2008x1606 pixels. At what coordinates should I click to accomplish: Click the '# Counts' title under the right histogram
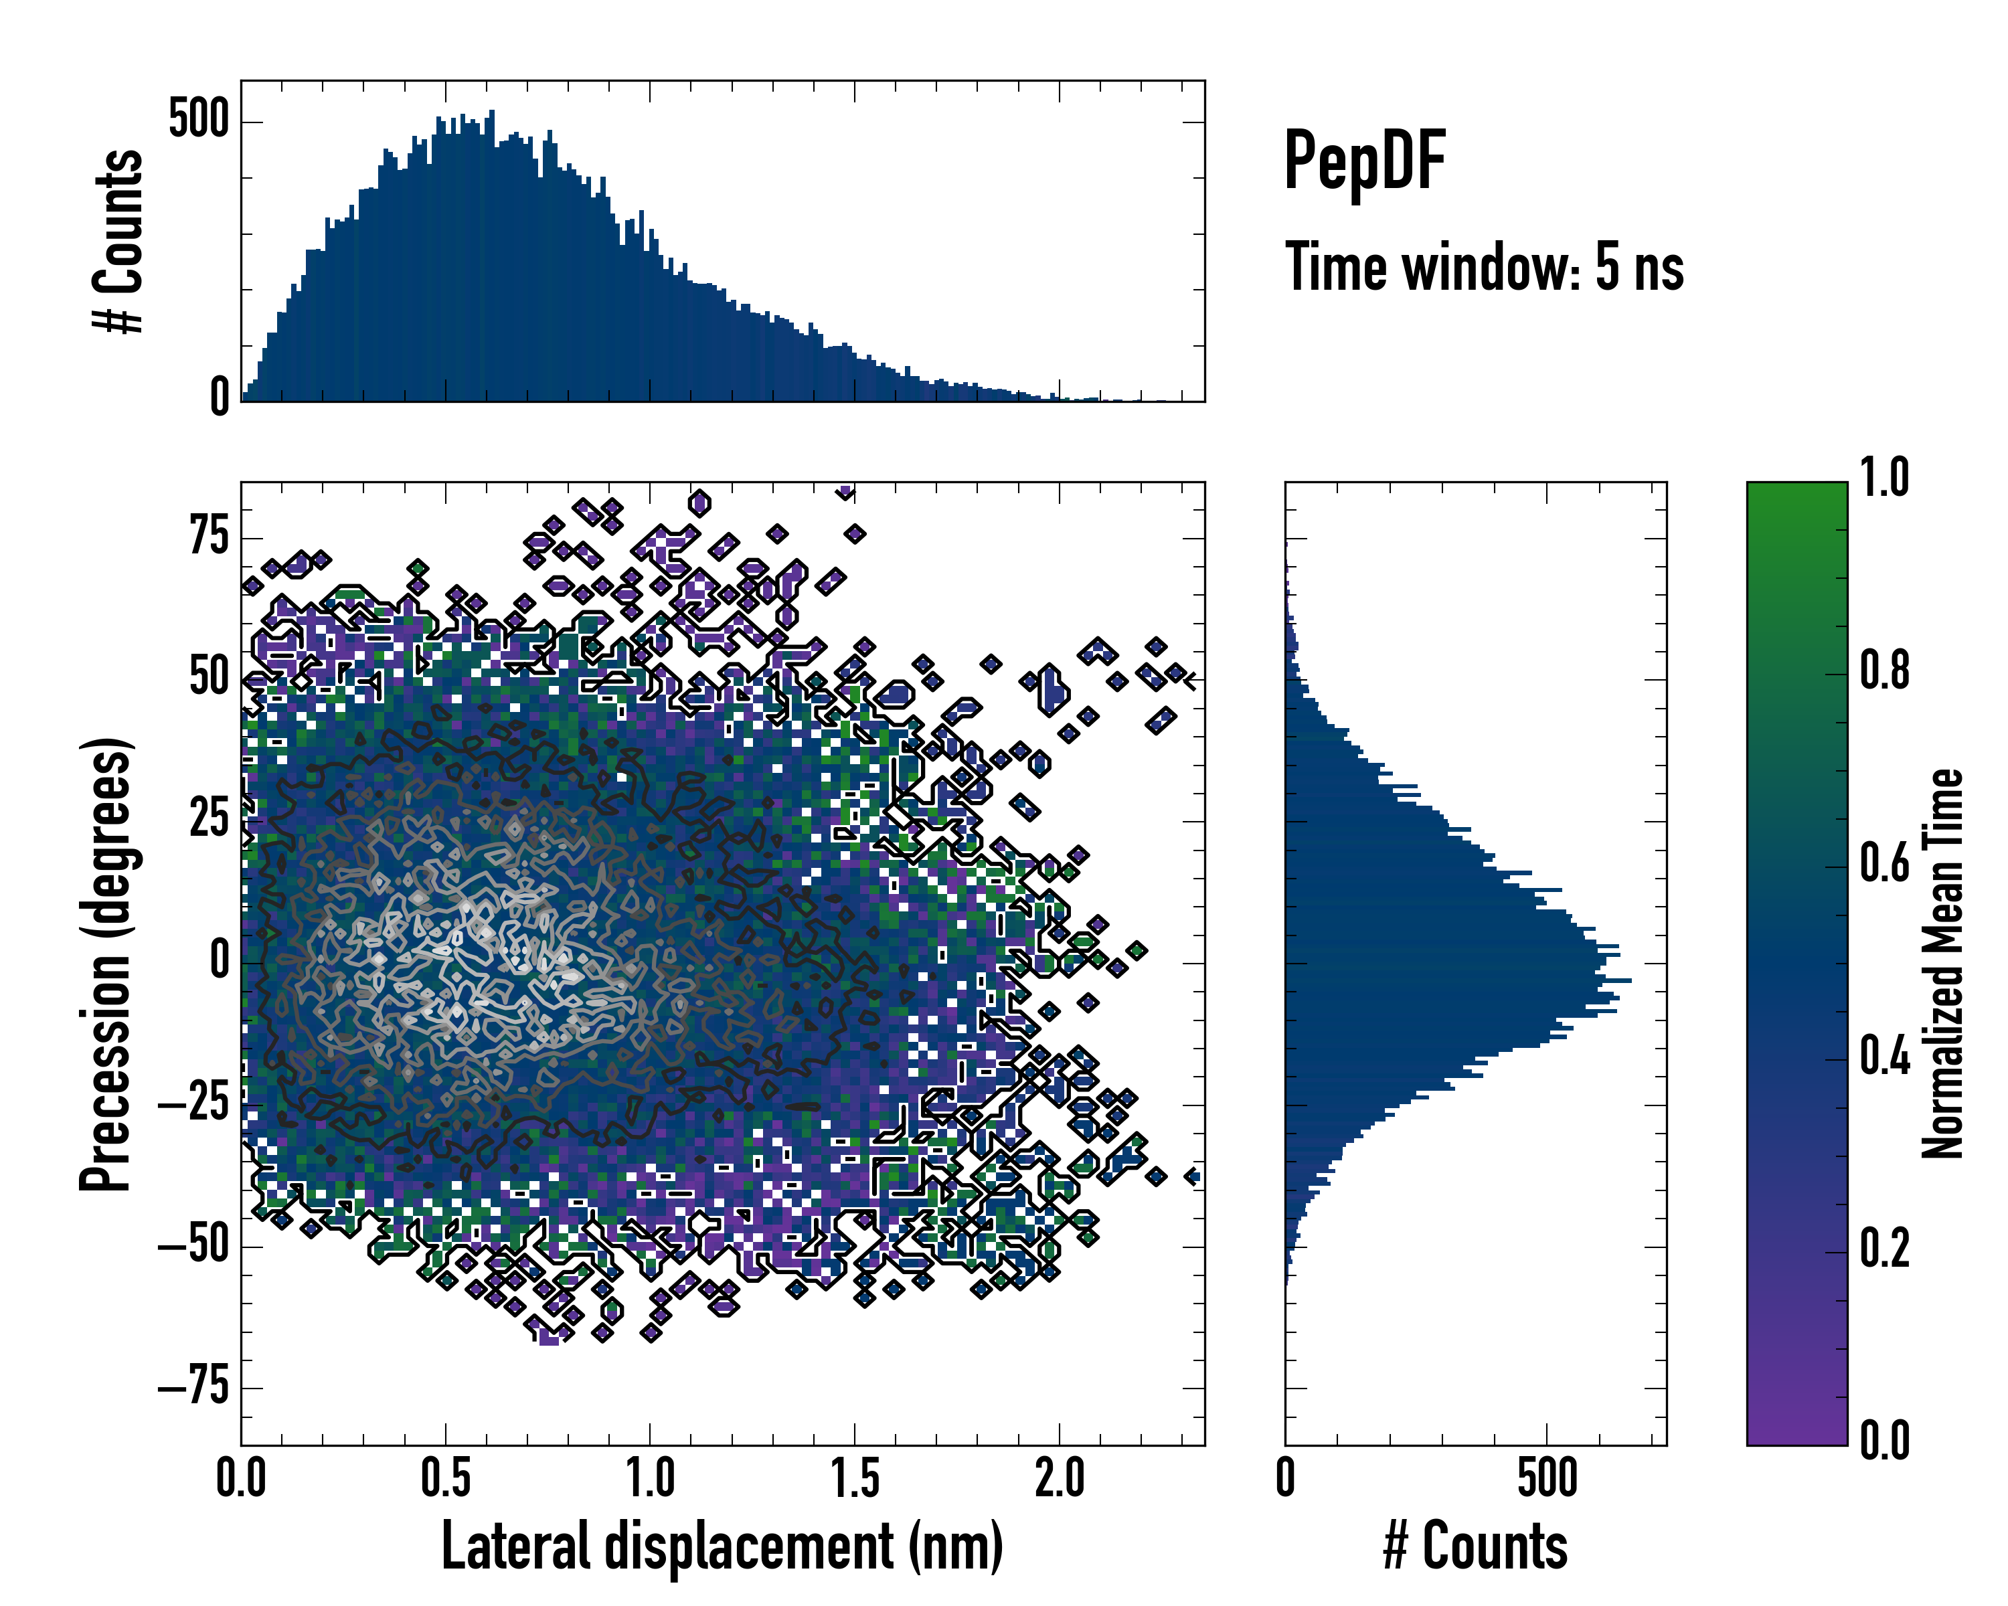point(1475,1546)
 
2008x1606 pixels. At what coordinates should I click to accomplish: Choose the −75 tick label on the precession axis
point(193,1387)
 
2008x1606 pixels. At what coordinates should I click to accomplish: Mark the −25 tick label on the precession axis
point(193,1104)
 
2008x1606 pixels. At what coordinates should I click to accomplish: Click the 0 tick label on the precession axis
point(220,962)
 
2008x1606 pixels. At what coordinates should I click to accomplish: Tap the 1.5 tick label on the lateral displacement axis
point(854,1478)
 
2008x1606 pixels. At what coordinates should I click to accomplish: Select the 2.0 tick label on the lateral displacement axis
point(1059,1478)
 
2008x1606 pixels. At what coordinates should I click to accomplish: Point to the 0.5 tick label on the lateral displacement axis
point(445,1478)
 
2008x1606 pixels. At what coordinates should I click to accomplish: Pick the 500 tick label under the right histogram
point(1547,1478)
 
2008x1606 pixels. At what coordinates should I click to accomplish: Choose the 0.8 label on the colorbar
point(1884,671)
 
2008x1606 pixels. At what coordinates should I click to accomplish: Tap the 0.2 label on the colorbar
point(1884,1249)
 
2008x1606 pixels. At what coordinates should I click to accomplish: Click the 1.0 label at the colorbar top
point(1884,478)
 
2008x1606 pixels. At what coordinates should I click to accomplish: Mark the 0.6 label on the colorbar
point(1884,863)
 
